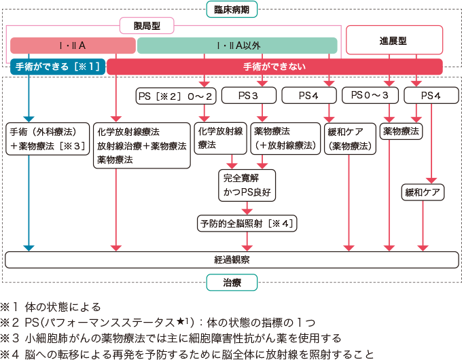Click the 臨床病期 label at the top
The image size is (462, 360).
point(232,10)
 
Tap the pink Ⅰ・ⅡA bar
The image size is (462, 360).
point(73,46)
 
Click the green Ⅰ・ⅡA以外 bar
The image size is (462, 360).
point(237,46)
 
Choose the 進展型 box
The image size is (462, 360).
point(394,40)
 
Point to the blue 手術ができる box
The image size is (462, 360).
point(57,67)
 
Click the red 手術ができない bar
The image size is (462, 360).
point(274,67)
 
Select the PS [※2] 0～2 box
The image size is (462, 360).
point(176,96)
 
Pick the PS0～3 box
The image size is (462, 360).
point(370,96)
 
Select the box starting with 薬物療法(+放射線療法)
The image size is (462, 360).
point(284,139)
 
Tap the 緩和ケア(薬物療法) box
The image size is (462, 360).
point(350,139)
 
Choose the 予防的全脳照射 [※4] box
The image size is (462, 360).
point(247,223)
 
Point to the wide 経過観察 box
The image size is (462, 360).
point(232,259)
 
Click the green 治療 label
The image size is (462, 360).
point(232,281)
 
